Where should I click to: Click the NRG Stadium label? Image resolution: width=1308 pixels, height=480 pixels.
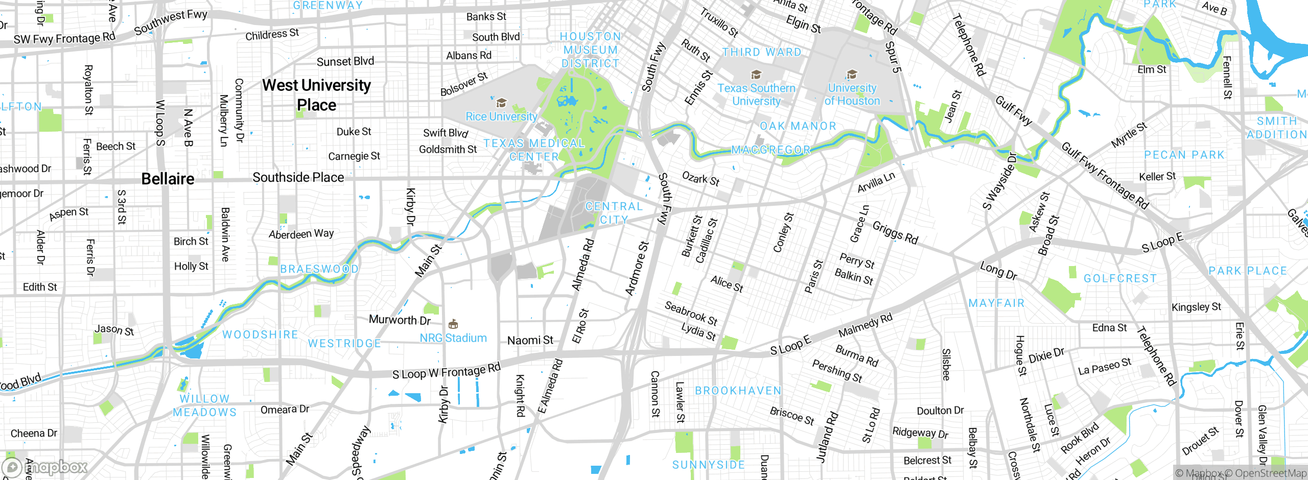coord(453,338)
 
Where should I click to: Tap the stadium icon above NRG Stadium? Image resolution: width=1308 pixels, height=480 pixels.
coord(453,324)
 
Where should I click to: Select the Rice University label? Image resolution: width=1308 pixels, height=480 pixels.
coord(501,116)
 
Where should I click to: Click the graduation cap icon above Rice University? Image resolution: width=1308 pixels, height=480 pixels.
coord(501,103)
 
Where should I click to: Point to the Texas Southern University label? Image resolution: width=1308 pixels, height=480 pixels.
coord(756,94)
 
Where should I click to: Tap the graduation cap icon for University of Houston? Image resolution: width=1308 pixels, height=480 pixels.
coord(852,75)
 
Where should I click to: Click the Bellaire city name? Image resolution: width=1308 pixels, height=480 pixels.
coord(168,179)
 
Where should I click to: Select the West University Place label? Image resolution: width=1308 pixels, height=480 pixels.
coord(316,95)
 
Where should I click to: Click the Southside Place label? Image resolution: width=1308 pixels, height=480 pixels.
coord(298,177)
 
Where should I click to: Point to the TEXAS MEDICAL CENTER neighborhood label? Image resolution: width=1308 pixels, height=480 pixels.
coord(534,150)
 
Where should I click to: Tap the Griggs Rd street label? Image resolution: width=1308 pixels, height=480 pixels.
coord(895,232)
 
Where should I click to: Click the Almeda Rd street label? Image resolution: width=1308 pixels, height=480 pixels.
coord(583,265)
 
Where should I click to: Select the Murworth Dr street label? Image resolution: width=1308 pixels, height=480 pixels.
coord(400,320)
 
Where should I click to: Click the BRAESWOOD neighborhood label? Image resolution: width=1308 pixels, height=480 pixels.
coord(319,269)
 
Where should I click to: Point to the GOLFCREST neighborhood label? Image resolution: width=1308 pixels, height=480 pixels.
coord(1120,278)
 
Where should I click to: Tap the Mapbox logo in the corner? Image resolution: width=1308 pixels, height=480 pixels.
coord(45,467)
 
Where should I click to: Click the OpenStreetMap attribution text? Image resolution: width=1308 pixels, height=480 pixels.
coord(1270,473)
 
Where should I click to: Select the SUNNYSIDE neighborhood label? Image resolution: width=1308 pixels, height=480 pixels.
coord(708,465)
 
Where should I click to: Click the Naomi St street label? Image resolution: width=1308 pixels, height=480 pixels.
coord(530,340)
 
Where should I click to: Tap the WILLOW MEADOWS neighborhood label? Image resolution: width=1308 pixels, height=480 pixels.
coord(204,405)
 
